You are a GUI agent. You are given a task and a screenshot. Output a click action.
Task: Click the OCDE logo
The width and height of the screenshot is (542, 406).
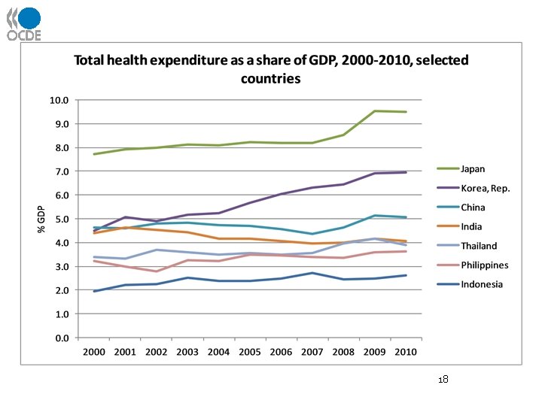pyautogui.click(x=23, y=23)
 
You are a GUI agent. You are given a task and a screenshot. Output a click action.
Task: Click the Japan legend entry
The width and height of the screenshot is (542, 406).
pyautogui.click(x=473, y=168)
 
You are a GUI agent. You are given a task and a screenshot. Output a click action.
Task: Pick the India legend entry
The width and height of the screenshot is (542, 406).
pyautogui.click(x=472, y=226)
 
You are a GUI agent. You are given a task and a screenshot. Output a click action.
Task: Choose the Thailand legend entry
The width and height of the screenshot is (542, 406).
pyautogui.click(x=479, y=246)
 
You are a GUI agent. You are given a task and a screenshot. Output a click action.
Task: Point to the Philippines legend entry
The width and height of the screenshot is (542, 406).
pyautogui.click(x=484, y=265)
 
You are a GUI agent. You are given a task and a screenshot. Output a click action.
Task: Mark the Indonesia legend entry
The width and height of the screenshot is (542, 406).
pyautogui.click(x=481, y=284)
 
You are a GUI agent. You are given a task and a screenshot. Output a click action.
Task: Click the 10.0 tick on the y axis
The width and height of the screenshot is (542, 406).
pyautogui.click(x=59, y=100)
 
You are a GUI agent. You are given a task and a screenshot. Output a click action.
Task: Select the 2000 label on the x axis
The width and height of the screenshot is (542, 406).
pyautogui.click(x=93, y=352)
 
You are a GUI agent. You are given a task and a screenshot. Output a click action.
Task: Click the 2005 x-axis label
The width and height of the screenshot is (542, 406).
pyautogui.click(x=250, y=352)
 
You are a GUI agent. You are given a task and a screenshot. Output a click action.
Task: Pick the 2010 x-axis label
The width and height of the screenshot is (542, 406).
pyautogui.click(x=406, y=352)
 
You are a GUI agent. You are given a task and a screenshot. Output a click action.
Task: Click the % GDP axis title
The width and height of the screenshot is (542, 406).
pyautogui.click(x=42, y=218)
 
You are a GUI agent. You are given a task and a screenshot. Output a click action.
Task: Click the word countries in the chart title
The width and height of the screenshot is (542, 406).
pyautogui.click(x=270, y=78)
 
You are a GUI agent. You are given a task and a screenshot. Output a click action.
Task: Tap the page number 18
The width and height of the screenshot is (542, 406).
pyautogui.click(x=443, y=380)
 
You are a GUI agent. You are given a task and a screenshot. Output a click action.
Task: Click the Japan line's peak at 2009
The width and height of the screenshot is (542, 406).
pyautogui.click(x=374, y=111)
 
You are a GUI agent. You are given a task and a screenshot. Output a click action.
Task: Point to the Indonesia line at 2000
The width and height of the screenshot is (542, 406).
pyautogui.click(x=93, y=291)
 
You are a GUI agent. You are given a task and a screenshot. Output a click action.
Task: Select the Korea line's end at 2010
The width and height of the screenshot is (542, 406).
pyautogui.click(x=406, y=172)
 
